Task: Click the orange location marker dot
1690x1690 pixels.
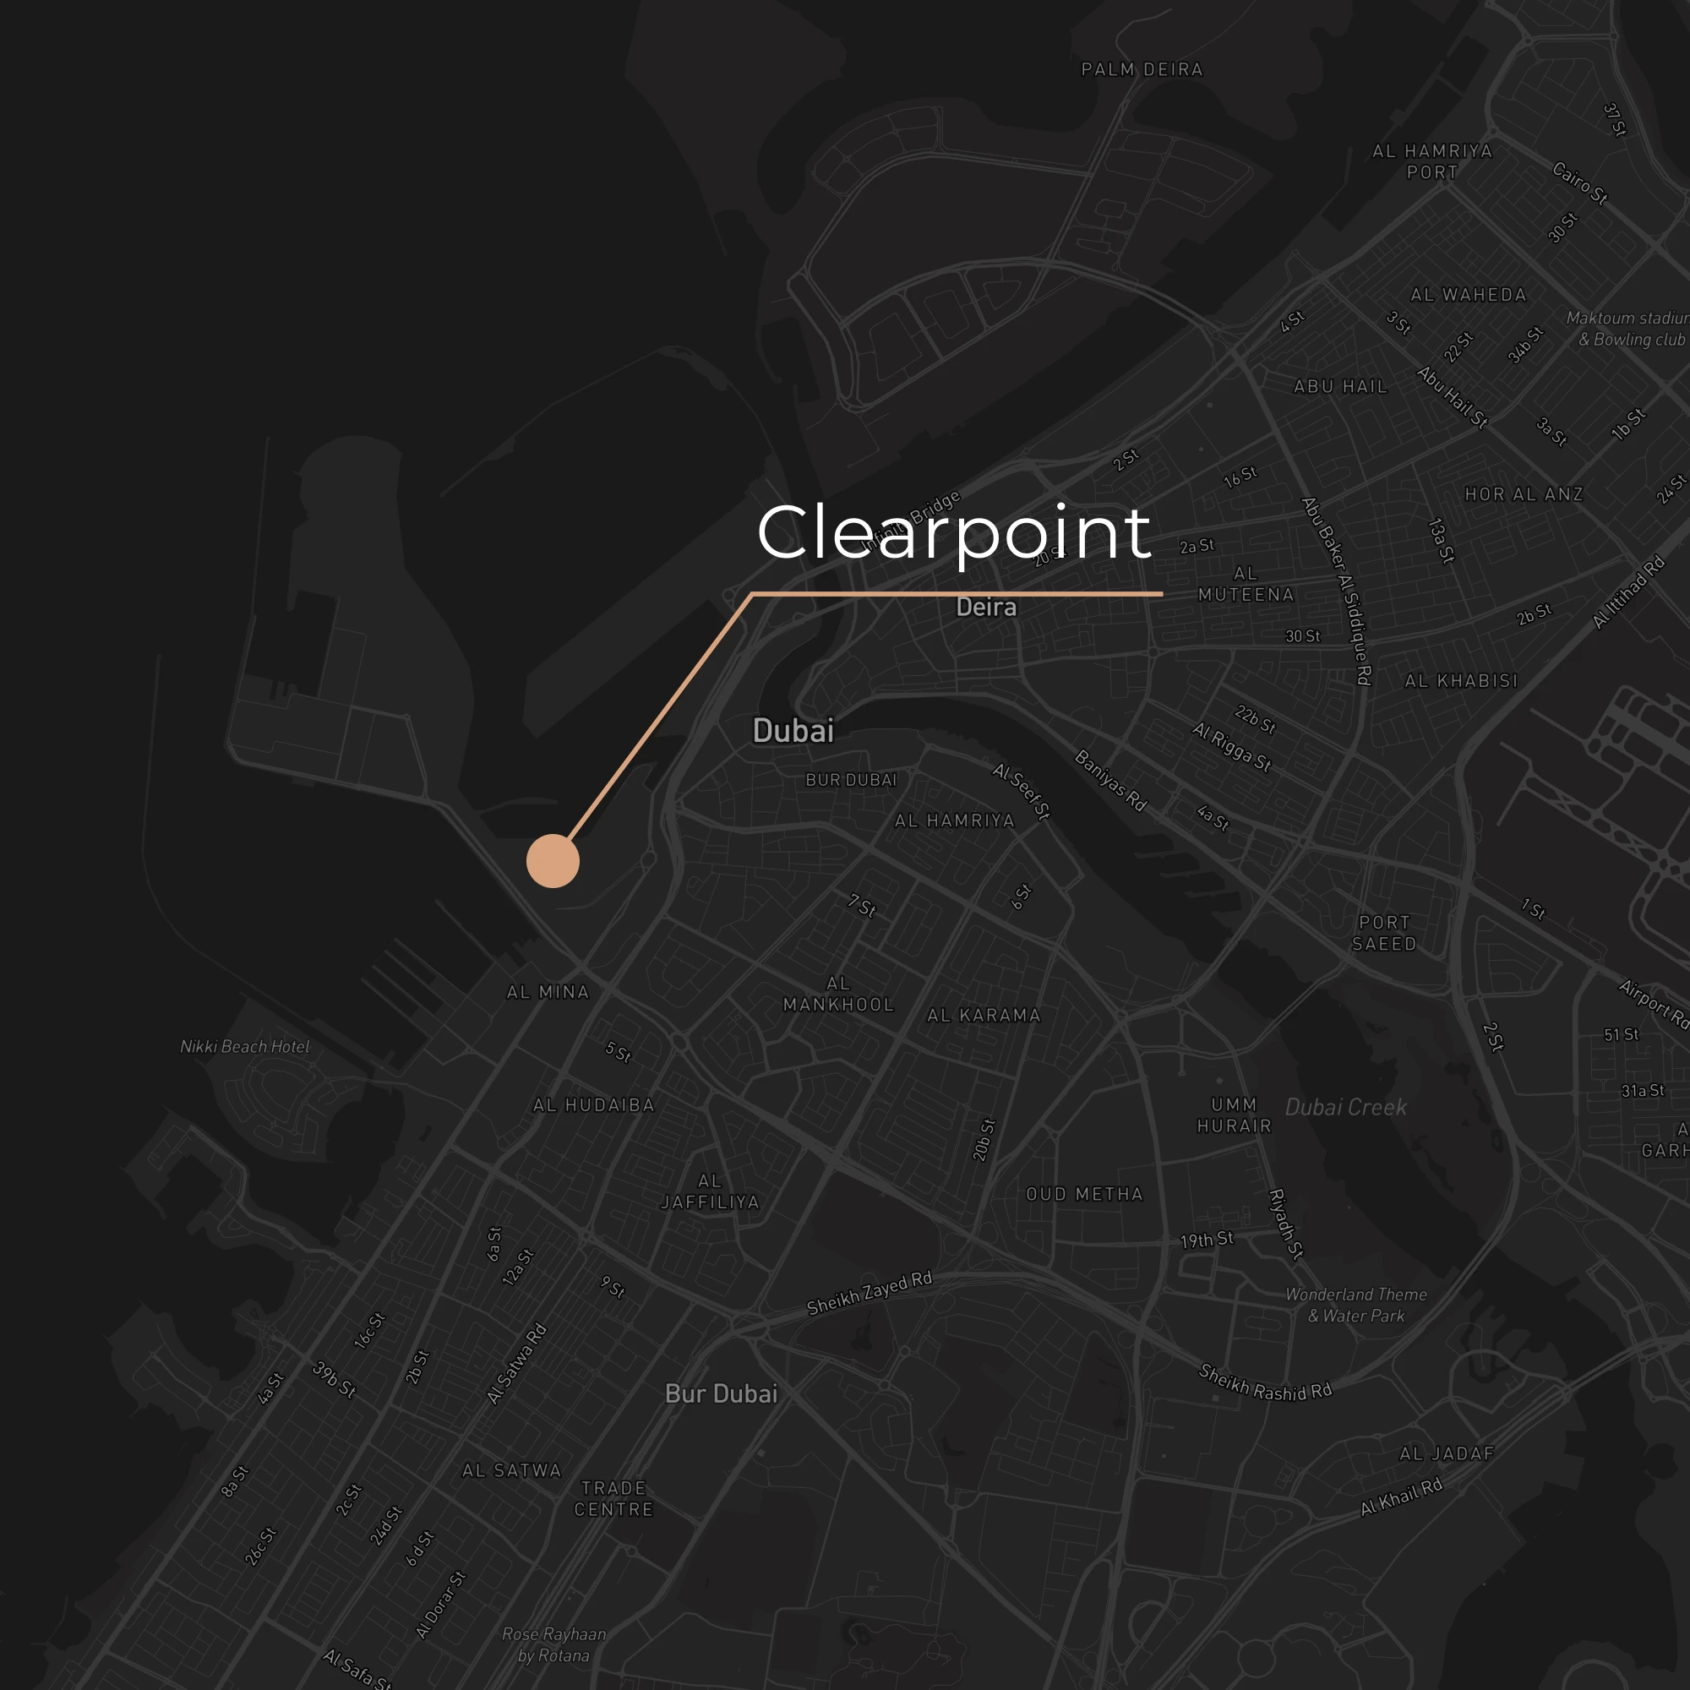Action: tap(553, 861)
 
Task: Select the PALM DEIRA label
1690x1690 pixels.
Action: tap(1142, 70)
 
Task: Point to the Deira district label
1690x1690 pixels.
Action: tap(986, 607)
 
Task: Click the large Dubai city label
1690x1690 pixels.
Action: tap(793, 730)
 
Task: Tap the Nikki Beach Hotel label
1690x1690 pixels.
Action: tap(245, 1046)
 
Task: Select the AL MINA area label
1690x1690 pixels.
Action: tap(548, 992)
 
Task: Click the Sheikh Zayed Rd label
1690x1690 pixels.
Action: tap(870, 1293)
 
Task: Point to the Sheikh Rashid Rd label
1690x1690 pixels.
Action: tap(1265, 1383)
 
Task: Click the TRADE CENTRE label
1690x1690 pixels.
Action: tap(614, 1498)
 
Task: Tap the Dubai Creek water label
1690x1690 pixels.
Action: tap(1345, 1108)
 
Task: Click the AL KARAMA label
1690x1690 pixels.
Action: tap(984, 1016)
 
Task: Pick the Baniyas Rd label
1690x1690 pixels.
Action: tap(1110, 780)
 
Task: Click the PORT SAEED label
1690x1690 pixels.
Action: tap(1384, 933)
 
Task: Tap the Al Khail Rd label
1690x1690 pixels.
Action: tap(1400, 1496)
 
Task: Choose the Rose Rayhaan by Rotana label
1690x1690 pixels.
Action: tap(553, 1644)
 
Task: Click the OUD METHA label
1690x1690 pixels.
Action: tap(1085, 1194)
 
